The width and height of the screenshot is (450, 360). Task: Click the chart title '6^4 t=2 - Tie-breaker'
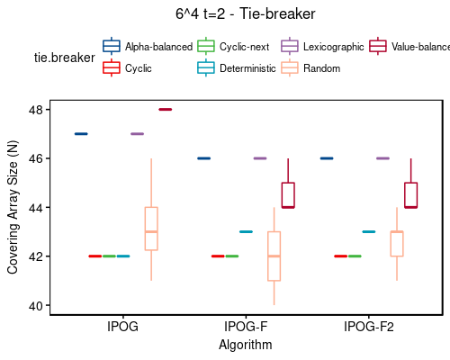pyautogui.click(x=245, y=14)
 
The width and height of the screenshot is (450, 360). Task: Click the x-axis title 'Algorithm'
pyautogui.click(x=246, y=344)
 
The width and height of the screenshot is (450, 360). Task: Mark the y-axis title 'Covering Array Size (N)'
pyautogui.click(x=13, y=208)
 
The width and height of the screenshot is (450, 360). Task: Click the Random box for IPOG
pyautogui.click(x=151, y=229)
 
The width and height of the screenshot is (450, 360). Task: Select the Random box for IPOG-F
pyautogui.click(x=274, y=256)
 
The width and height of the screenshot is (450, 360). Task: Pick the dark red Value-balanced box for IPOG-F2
pyautogui.click(x=410, y=194)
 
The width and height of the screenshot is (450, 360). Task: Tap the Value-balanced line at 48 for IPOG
pyautogui.click(x=165, y=110)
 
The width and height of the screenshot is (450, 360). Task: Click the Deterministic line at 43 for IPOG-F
pyautogui.click(x=246, y=232)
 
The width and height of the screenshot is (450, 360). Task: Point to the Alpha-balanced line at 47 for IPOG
pyautogui.click(x=80, y=134)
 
